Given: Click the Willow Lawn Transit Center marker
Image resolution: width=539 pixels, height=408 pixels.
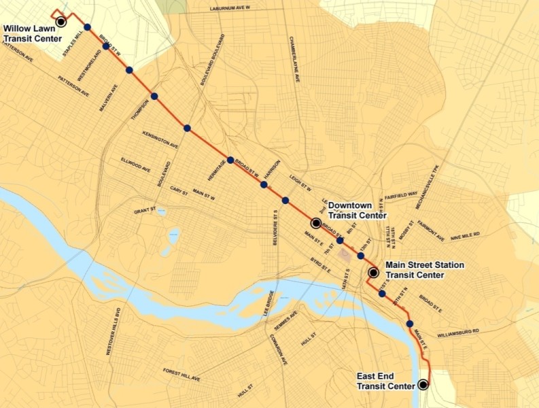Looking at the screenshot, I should [x=61, y=21].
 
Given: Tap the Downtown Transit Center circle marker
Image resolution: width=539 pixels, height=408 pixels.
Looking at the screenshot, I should [x=316, y=222].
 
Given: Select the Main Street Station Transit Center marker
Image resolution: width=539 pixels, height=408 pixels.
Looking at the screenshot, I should [x=373, y=273].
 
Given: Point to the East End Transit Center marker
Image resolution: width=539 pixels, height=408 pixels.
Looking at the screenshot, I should [x=423, y=384].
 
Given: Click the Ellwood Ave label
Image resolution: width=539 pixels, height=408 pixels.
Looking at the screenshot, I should [x=135, y=165].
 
